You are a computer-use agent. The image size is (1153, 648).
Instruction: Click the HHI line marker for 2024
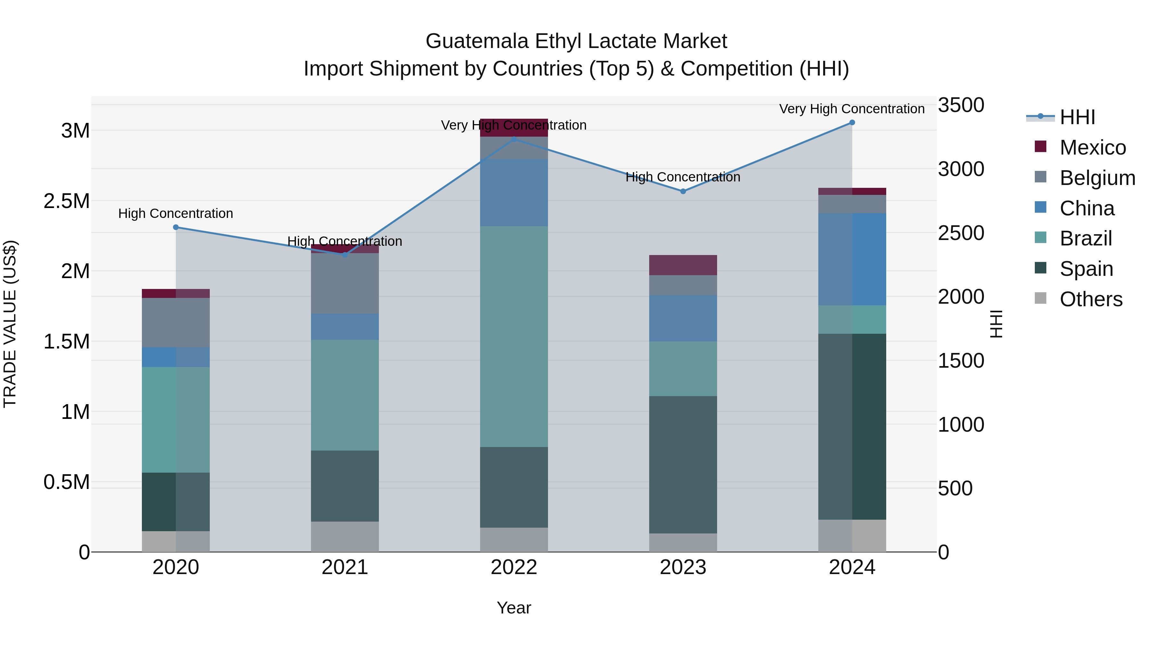(852, 123)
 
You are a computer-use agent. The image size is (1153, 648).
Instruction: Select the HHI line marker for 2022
(514, 140)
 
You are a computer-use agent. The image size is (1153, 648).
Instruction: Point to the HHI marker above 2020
(176, 227)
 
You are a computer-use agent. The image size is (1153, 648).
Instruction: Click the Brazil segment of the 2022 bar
(514, 336)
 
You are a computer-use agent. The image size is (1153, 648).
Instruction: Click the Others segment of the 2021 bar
(345, 536)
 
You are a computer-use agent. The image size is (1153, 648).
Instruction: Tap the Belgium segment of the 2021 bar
(345, 283)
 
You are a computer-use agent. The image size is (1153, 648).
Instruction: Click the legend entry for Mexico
(1092, 147)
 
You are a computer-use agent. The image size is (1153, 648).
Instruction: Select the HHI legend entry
(1077, 117)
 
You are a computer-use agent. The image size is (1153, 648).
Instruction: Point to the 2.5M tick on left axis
(67, 201)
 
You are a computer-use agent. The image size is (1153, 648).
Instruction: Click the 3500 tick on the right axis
(961, 105)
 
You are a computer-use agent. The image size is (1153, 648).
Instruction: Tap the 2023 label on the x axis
(683, 567)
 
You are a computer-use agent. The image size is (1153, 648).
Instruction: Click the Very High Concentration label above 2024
(851, 109)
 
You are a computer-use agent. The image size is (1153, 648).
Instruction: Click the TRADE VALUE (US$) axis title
(10, 324)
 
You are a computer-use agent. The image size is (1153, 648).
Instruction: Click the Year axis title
(514, 608)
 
